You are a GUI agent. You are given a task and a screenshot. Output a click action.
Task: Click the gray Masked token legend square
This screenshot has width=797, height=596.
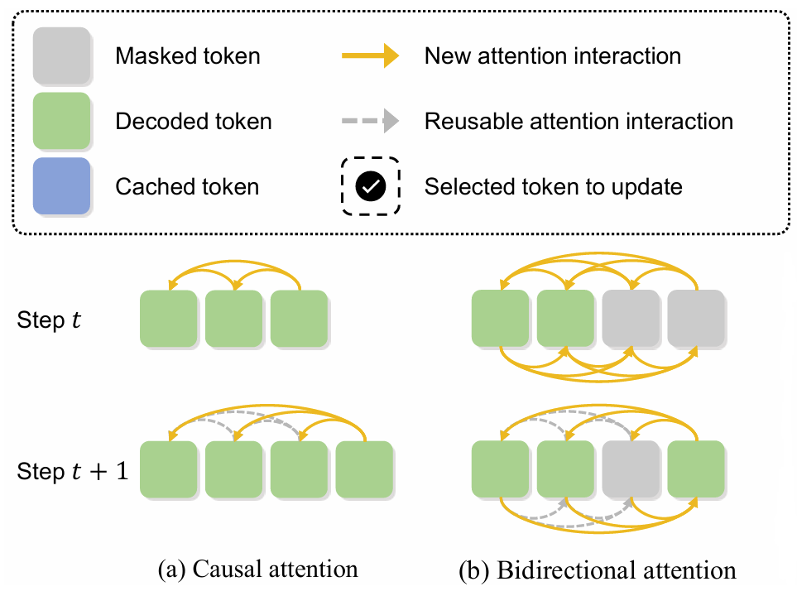pos(61,55)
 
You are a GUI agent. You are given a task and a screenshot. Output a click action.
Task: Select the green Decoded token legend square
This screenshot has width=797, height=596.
pos(61,120)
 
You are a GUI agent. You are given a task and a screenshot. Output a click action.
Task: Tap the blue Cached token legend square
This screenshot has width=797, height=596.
pos(61,185)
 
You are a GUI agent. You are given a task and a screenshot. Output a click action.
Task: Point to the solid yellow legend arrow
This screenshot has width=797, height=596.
pos(370,56)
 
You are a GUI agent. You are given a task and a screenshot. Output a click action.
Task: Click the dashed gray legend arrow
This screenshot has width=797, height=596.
pos(370,122)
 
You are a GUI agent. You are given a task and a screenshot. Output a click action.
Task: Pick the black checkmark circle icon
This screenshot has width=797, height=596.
pos(370,186)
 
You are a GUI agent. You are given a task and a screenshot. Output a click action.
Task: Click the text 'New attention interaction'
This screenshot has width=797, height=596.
pos(553,56)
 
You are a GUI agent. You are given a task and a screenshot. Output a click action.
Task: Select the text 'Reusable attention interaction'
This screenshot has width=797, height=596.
pos(579,122)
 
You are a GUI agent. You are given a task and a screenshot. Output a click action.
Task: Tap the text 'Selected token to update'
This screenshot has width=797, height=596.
pos(553,186)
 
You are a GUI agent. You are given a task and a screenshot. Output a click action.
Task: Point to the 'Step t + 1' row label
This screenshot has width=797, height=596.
pos(73,472)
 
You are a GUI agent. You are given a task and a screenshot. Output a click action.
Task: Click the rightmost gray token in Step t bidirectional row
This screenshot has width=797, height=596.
pos(696,318)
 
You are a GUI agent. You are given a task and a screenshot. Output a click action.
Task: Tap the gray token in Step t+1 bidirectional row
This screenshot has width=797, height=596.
pos(630,469)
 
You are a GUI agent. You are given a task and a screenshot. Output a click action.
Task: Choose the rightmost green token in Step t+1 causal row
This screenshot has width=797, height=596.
pos(363,469)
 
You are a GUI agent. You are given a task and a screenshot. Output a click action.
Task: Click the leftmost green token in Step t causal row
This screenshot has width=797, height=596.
pos(168,318)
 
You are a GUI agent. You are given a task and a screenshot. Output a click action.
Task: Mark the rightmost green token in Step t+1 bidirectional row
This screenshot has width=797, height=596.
pos(696,469)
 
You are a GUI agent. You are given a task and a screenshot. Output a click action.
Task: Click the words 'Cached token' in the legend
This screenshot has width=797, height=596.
pos(187,186)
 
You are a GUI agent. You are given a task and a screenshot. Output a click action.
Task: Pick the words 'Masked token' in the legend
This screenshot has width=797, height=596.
pos(188,56)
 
